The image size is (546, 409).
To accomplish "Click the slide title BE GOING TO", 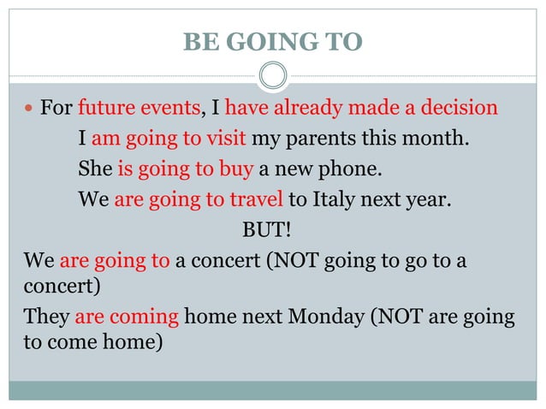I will [272, 41].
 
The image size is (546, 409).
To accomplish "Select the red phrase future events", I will [139, 109].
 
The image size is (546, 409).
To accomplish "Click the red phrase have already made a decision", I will [360, 109].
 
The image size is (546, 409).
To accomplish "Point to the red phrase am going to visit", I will [169, 139].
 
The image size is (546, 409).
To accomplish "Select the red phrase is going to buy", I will [185, 169].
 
